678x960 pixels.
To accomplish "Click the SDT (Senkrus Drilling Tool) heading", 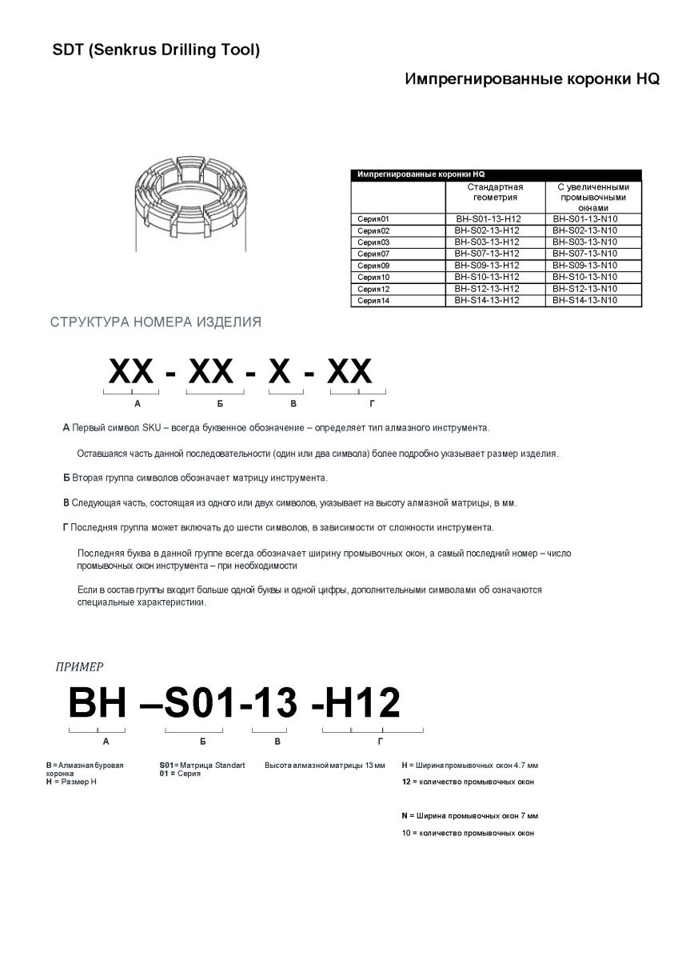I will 156,50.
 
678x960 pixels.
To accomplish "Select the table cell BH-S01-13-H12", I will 487,218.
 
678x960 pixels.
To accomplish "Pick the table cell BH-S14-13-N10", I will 585,300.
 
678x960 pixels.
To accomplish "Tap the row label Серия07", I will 373,254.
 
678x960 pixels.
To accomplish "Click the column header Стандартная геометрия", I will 495,191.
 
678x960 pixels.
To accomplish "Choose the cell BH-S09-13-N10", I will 585,265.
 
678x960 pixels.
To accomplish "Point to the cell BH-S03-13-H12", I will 487,242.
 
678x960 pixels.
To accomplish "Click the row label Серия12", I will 373,289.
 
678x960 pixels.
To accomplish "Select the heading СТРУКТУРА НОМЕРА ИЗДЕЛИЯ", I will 155,322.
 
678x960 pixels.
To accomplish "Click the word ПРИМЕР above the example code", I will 79,666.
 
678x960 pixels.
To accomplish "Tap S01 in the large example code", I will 201,703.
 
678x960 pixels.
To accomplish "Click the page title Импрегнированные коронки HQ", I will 532,81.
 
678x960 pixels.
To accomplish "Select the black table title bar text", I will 421,174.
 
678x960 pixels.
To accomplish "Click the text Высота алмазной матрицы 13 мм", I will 325,766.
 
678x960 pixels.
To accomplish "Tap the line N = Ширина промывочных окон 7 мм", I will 469,816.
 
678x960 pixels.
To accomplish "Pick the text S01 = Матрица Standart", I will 202,766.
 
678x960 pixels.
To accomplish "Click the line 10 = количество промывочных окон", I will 467,833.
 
